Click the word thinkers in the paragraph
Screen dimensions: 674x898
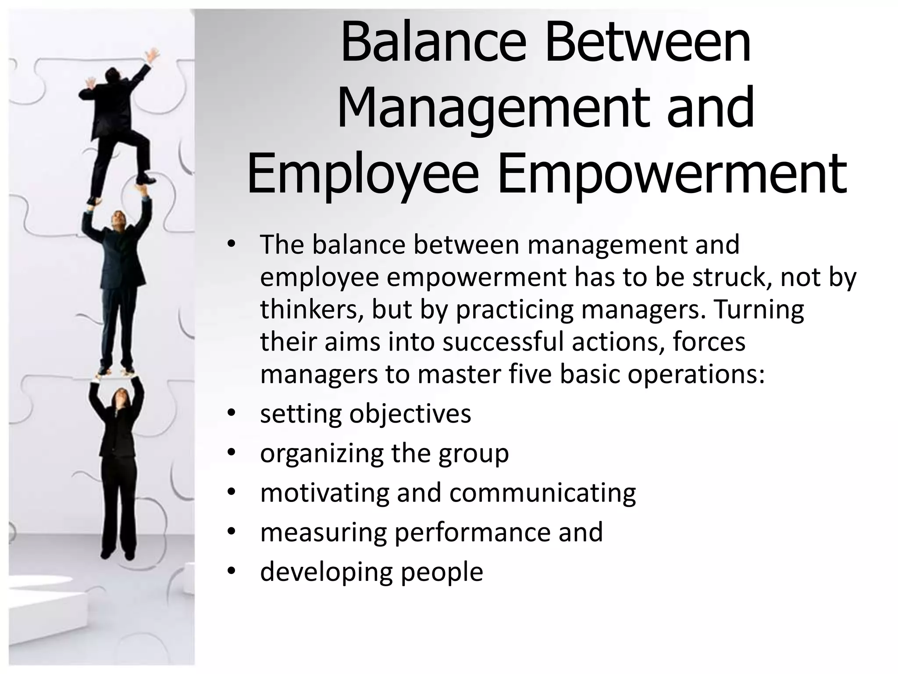pyautogui.click(x=312, y=309)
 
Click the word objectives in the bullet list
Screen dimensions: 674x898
pyautogui.click(x=410, y=414)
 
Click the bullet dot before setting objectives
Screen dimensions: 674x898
pyautogui.click(x=232, y=413)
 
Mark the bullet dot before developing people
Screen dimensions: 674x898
pyautogui.click(x=232, y=571)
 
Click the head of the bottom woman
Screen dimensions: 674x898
pyautogui.click(x=120, y=397)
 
